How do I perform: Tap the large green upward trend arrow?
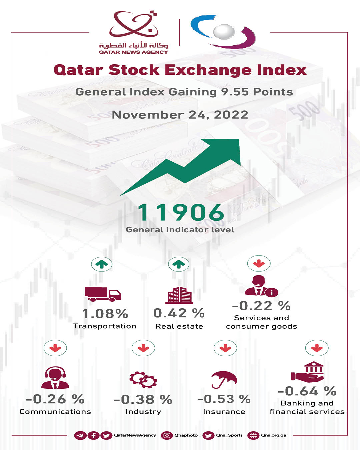coord(187,165)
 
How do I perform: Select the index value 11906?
coord(181,213)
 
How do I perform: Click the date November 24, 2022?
coord(180,115)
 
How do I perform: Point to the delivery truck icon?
coord(103,294)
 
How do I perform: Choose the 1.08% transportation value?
coord(105,314)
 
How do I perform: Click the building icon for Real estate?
coord(179,295)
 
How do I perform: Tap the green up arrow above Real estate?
coord(179,264)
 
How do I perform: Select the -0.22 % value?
coord(261,306)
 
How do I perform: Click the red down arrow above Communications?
coord(55,348)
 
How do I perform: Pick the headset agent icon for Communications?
coord(55,378)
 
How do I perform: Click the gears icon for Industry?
coord(143,380)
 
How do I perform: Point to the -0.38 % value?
coord(143,399)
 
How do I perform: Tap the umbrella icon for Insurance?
coord(224,380)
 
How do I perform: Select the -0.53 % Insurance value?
coord(224,399)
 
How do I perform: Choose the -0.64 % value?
coord(307,391)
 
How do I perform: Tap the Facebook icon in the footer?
coord(93,435)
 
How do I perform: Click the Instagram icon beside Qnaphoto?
coord(167,435)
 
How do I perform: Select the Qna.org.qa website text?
coord(273,435)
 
